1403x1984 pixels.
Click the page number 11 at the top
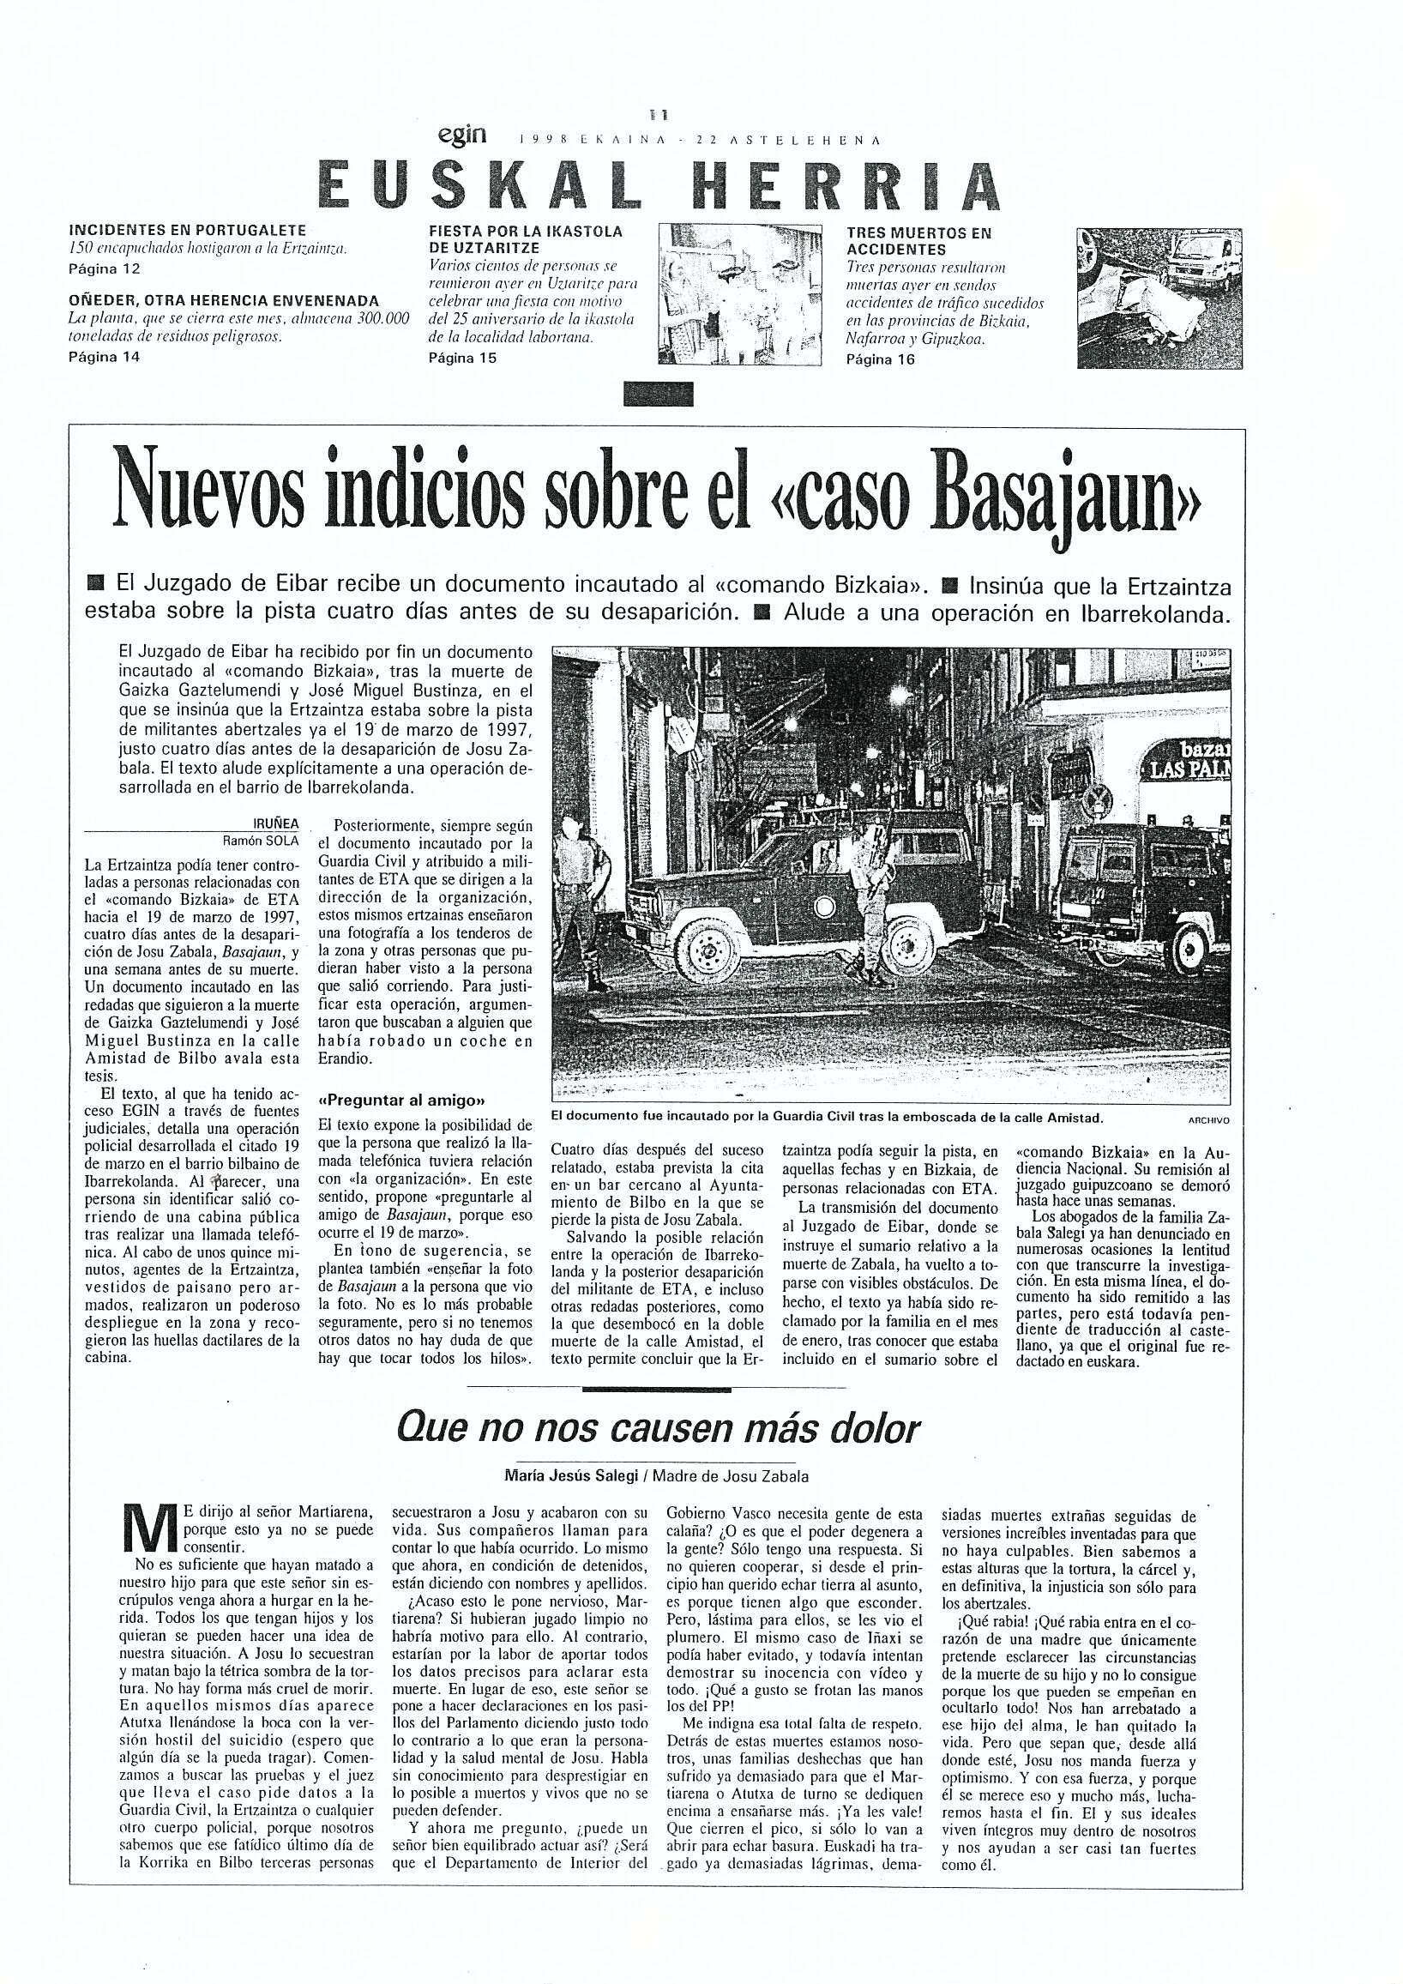click(662, 113)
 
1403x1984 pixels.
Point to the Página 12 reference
click(103, 268)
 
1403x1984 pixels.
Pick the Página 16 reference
click(880, 359)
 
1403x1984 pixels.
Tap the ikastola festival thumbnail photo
click(738, 298)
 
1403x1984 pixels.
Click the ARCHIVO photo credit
click(1207, 1119)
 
